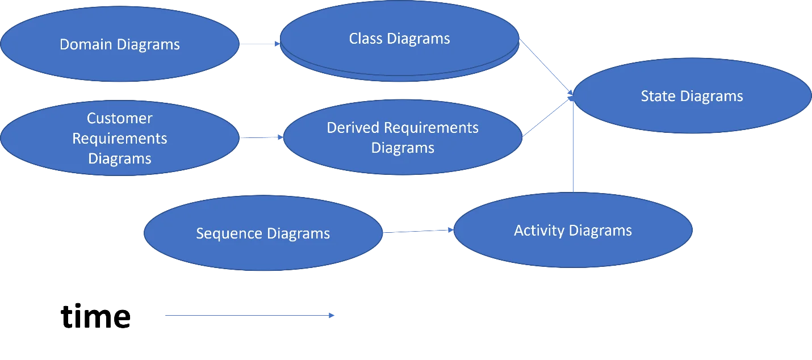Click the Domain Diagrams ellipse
[119, 62]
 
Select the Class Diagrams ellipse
[400, 57]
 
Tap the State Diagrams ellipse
[692, 114]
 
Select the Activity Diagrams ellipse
[573, 250]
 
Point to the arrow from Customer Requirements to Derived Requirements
[261, 138]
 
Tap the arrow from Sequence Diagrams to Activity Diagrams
[418, 231]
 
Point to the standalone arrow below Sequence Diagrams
[249, 316]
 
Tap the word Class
[365, 39]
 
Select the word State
[656, 97]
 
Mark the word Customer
[119, 119]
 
